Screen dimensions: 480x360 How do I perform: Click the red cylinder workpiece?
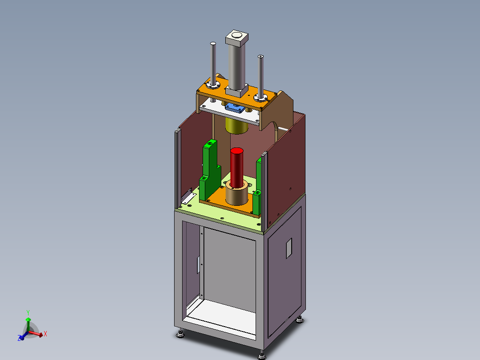click(x=236, y=168)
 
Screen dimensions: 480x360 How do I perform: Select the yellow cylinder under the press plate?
click(x=236, y=126)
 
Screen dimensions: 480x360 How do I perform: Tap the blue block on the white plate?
click(x=235, y=107)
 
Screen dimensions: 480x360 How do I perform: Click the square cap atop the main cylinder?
click(x=236, y=38)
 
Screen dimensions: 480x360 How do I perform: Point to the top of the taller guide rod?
click(x=213, y=44)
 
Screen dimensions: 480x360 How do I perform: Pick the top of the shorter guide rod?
click(x=261, y=57)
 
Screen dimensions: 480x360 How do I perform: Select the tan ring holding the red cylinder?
click(x=236, y=193)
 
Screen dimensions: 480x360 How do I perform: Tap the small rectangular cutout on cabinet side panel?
click(x=289, y=248)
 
